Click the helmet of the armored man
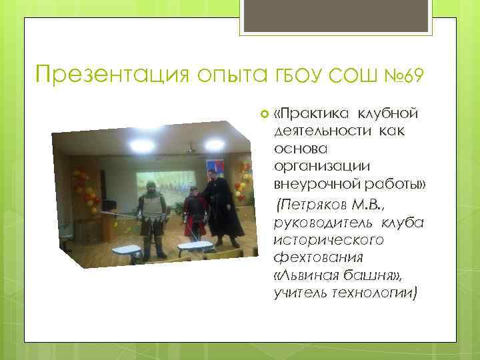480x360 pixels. [x=151, y=188]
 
